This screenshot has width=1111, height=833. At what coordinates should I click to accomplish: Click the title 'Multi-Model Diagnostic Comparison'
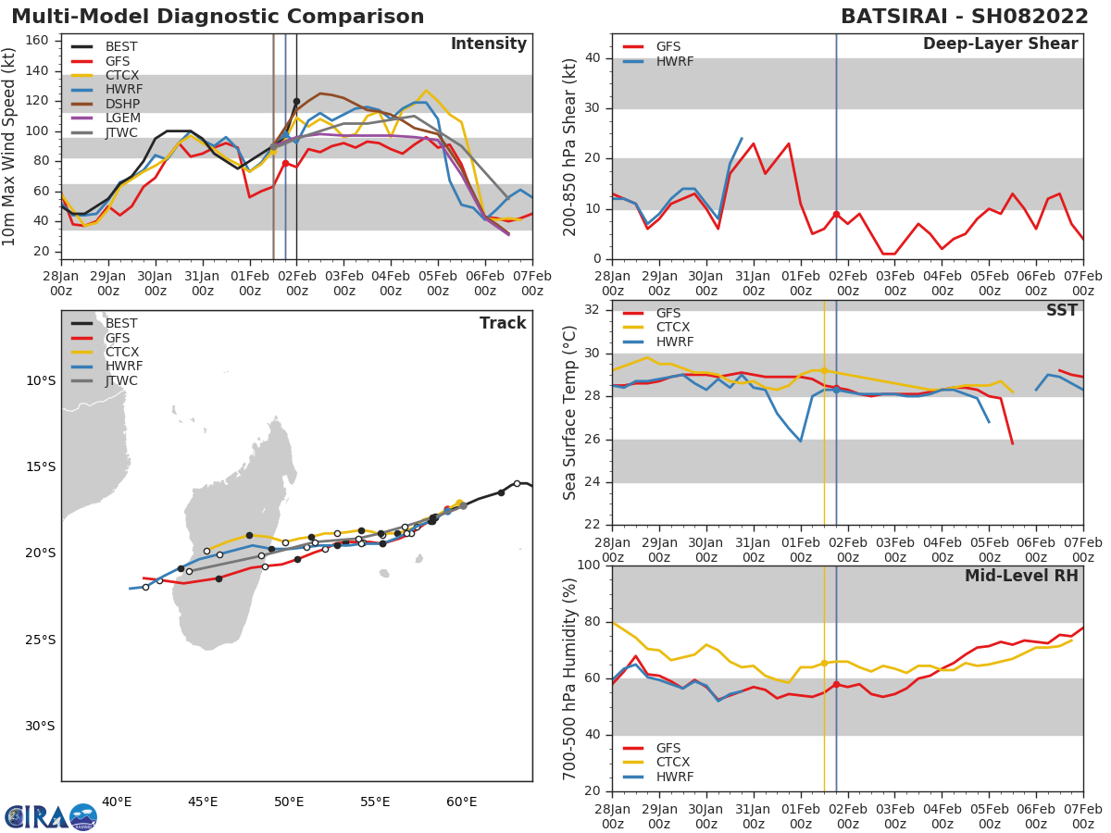pos(218,17)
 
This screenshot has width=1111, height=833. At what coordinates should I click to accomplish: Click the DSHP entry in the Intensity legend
pos(121,105)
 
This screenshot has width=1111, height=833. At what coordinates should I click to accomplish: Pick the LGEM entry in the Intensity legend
pos(121,118)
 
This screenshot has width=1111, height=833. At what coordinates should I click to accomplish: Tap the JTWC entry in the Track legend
pos(121,380)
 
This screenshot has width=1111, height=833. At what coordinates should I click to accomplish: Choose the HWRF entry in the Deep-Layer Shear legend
pos(674,61)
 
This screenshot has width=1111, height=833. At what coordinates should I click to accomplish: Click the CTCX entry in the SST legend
pos(674,327)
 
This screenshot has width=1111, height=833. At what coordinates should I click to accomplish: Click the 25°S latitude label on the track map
pos(41,640)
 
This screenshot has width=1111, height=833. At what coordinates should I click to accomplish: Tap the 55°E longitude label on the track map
pos(375,802)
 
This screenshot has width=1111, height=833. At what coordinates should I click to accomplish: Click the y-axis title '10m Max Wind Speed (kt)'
pos(10,146)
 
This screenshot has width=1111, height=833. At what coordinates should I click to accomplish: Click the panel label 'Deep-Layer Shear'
pos(1000,44)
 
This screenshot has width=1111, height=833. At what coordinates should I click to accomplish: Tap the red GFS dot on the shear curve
pos(836,214)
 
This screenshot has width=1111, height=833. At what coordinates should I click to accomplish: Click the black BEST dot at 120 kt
pos(296,101)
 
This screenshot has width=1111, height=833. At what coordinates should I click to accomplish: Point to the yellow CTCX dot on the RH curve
pos(824,663)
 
